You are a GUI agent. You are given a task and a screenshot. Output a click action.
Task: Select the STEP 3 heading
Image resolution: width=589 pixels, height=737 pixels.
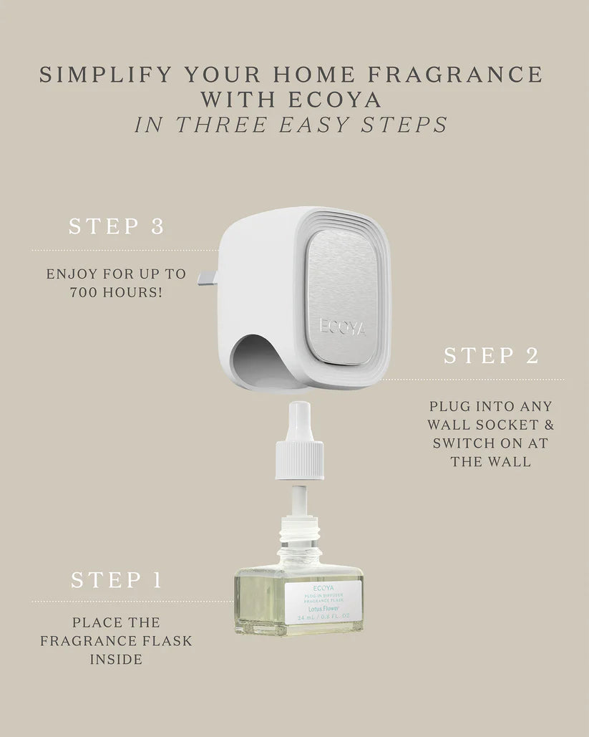pyautogui.click(x=117, y=226)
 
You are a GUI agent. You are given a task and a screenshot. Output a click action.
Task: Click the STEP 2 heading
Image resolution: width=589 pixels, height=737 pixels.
pyautogui.click(x=491, y=355)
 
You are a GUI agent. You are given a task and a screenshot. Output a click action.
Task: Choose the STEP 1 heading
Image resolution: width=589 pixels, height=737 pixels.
pyautogui.click(x=117, y=579)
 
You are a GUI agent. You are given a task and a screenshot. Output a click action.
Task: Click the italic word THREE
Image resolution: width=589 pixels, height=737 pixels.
pyautogui.click(x=219, y=125)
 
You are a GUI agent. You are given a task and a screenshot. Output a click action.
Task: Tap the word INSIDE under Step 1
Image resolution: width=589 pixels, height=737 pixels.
pyautogui.click(x=117, y=659)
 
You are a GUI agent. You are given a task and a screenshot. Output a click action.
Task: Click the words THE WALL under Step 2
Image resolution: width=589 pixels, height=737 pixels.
pyautogui.click(x=491, y=462)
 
